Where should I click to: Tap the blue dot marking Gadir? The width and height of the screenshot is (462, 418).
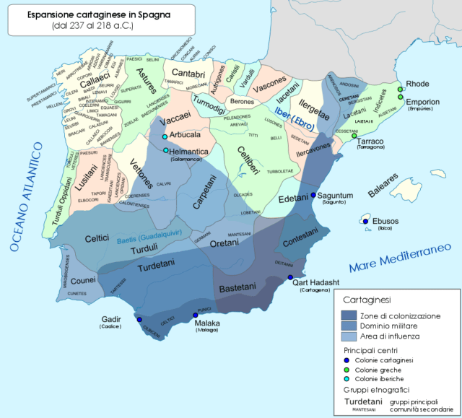pos(139,319)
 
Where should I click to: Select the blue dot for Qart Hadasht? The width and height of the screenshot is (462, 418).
pos(290,277)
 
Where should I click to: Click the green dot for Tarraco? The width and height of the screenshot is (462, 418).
pos(354,136)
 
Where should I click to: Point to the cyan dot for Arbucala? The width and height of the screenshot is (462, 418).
pos(165,137)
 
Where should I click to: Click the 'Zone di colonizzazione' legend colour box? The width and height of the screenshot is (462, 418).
pos(354,315)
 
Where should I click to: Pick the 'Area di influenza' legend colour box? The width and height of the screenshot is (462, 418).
pos(354,337)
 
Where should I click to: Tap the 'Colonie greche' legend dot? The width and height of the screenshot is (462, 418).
pos(346,369)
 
